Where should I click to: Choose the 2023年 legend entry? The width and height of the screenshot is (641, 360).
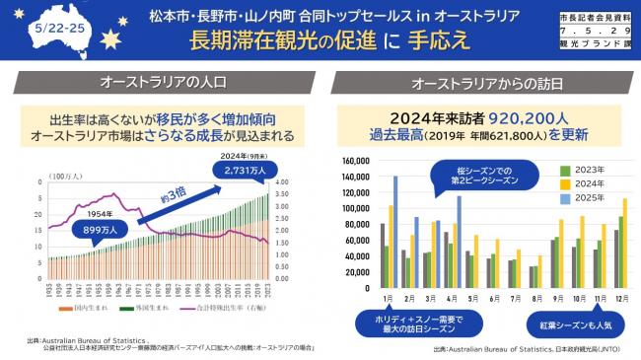(586, 171)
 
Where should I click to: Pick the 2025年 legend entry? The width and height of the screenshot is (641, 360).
(586, 200)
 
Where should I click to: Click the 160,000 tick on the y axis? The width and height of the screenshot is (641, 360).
(353, 160)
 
